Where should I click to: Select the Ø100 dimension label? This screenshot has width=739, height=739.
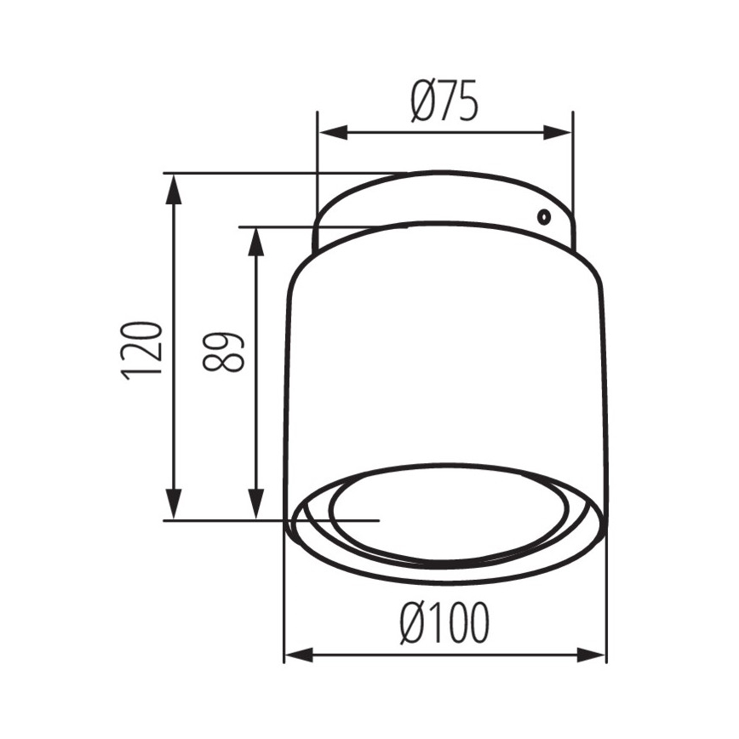click(444, 626)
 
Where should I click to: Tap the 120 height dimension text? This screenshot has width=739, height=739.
click(141, 350)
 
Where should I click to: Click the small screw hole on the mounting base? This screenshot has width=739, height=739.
click(541, 216)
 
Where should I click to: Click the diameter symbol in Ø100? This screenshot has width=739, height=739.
click(412, 626)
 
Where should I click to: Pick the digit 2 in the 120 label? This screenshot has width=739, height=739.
click(141, 350)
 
